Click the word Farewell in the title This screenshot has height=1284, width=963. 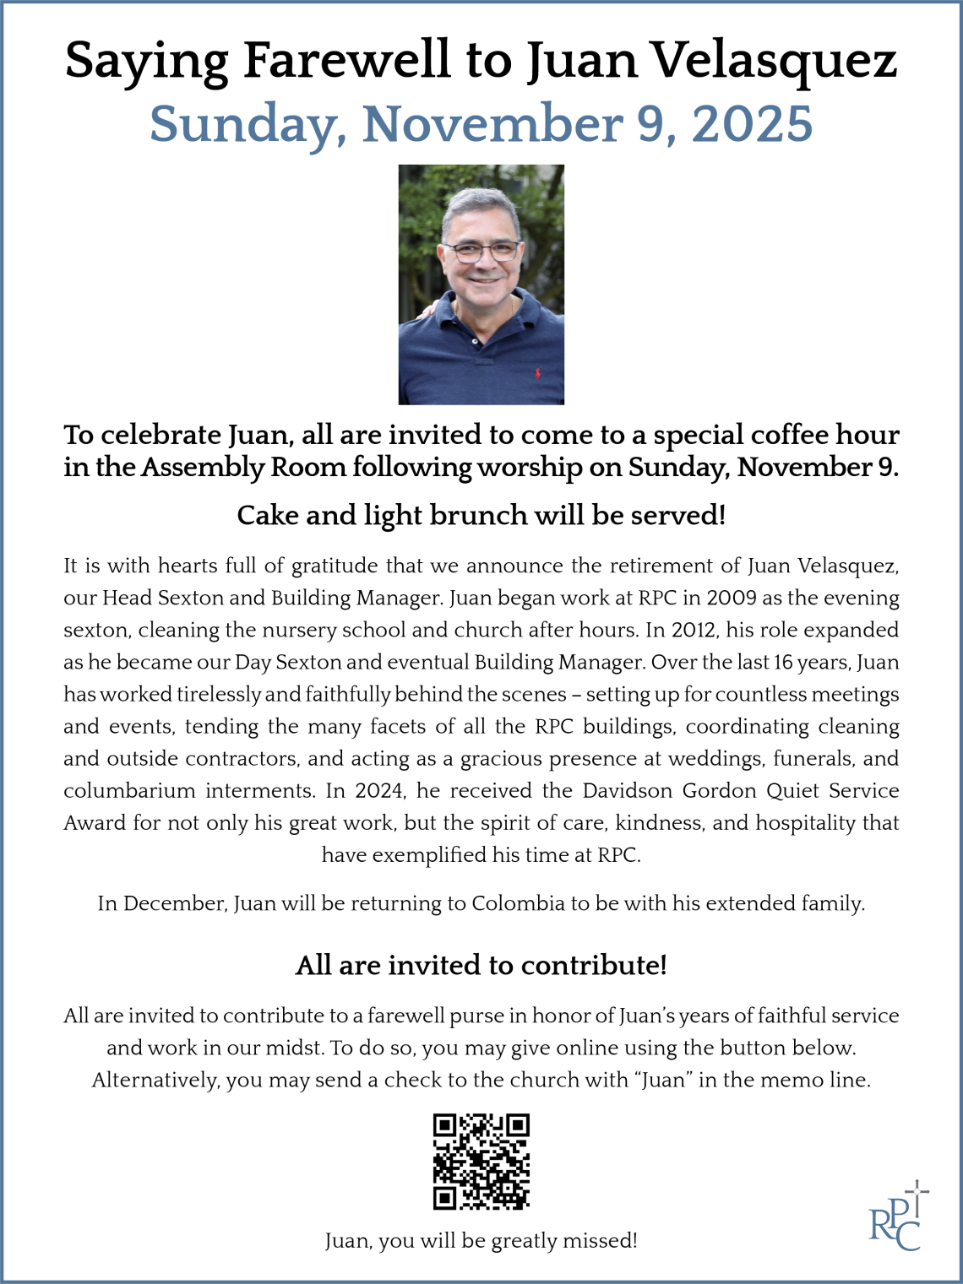point(347,61)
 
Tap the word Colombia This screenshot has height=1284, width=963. point(518,903)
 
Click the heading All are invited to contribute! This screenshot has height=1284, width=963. point(481,965)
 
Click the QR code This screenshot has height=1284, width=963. point(481,1162)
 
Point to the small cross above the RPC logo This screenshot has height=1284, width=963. point(917,1190)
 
